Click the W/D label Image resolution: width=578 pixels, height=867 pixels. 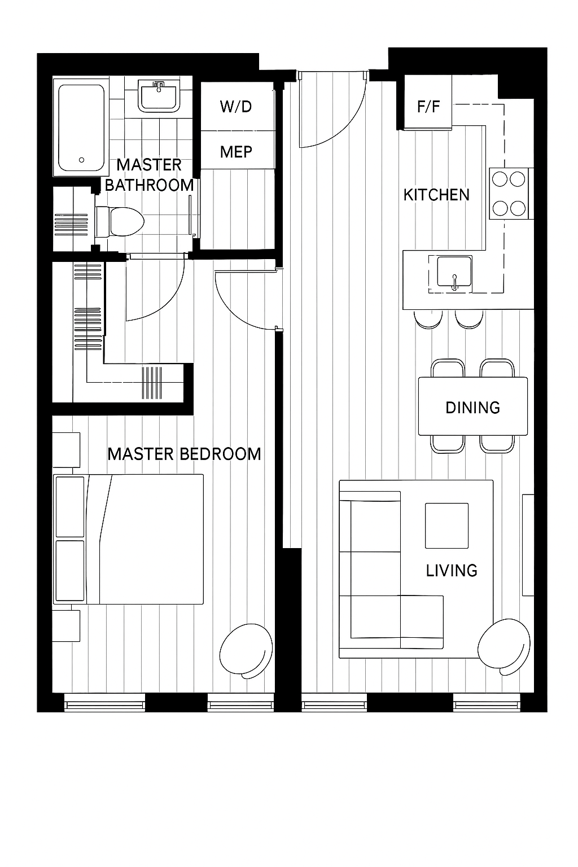point(236,107)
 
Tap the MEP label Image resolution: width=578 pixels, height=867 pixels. point(236,152)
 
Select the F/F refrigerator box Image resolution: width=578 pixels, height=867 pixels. point(428,102)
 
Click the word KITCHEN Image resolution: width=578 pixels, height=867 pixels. point(436,195)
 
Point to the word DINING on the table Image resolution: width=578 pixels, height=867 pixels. point(472,408)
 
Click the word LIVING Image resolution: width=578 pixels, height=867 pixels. point(452,571)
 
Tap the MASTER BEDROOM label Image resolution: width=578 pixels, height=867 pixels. point(184,454)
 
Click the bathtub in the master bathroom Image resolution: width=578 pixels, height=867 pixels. point(81,128)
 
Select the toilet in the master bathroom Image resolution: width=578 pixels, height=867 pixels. point(120,221)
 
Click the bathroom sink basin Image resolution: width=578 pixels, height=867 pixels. point(159,97)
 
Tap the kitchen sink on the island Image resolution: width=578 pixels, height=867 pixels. point(454,272)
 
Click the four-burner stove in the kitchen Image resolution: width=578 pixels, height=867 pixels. point(509,194)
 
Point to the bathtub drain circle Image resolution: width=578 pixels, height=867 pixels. point(81,160)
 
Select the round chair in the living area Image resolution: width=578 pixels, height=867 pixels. point(503,647)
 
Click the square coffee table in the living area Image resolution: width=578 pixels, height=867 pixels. point(446,526)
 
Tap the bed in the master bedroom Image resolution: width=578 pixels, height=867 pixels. point(128,539)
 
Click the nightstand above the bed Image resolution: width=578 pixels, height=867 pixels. point(66,450)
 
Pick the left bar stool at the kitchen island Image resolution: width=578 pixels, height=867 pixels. point(428,319)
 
